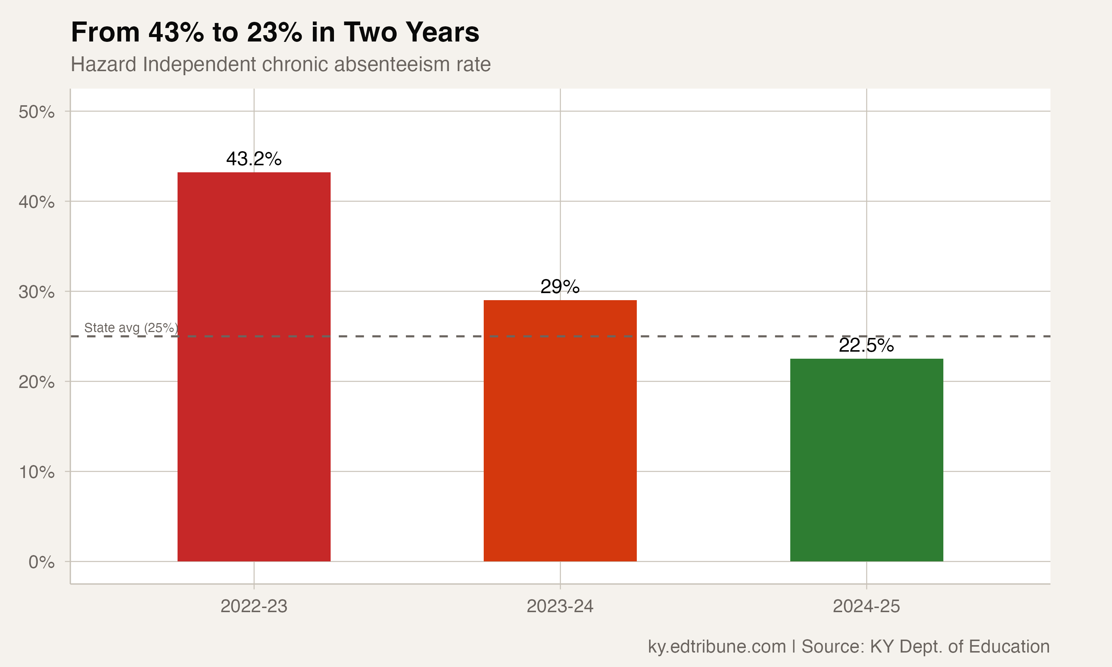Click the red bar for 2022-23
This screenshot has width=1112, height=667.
tap(254, 366)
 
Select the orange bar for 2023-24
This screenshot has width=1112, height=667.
tap(560, 430)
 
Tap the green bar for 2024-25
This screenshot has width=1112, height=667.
tap(866, 459)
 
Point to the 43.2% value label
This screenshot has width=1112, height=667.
tap(254, 159)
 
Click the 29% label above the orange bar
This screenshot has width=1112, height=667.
tap(560, 287)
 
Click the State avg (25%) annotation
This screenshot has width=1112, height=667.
tap(131, 328)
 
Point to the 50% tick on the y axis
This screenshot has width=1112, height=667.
tap(37, 112)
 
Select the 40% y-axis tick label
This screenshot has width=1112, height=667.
tap(37, 202)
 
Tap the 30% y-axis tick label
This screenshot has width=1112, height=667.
tap(37, 292)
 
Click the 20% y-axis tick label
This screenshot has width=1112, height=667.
tap(37, 382)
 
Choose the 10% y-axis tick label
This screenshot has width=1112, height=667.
tap(37, 472)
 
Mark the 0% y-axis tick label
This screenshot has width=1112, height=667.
tap(42, 562)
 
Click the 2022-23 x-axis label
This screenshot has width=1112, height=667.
tap(254, 606)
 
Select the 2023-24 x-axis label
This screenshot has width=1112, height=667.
tap(560, 606)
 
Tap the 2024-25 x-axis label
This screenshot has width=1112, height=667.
tap(866, 606)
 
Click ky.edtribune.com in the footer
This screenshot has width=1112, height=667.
tap(716, 646)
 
